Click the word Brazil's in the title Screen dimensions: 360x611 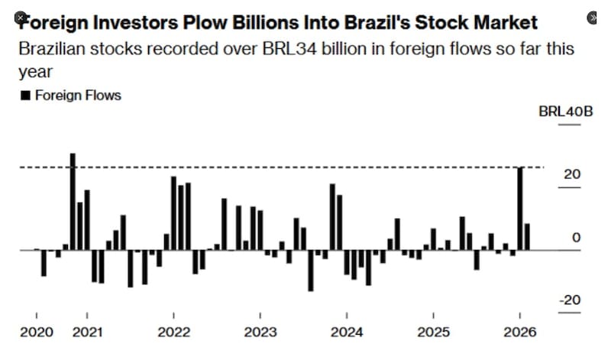tap(379, 22)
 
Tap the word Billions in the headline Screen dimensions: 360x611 tap(241, 22)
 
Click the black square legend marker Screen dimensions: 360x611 tap(24, 96)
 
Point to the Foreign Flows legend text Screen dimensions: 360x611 tap(78, 96)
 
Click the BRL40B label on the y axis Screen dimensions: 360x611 tap(565, 112)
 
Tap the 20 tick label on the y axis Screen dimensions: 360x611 tap(572, 174)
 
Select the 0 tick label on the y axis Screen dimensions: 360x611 tap(576, 238)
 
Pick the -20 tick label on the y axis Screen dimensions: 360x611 tap(570, 300)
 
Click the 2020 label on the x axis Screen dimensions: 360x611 tap(37, 332)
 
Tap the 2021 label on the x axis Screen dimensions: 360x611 tap(87, 332)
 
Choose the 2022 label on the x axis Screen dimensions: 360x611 tap(174, 332)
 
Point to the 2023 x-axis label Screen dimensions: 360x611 tap(260, 332)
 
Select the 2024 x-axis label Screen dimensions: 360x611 tap(347, 332)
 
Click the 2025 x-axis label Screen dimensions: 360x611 tap(433, 332)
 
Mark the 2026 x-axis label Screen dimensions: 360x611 tap(519, 332)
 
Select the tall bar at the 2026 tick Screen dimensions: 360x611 tap(520, 209)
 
